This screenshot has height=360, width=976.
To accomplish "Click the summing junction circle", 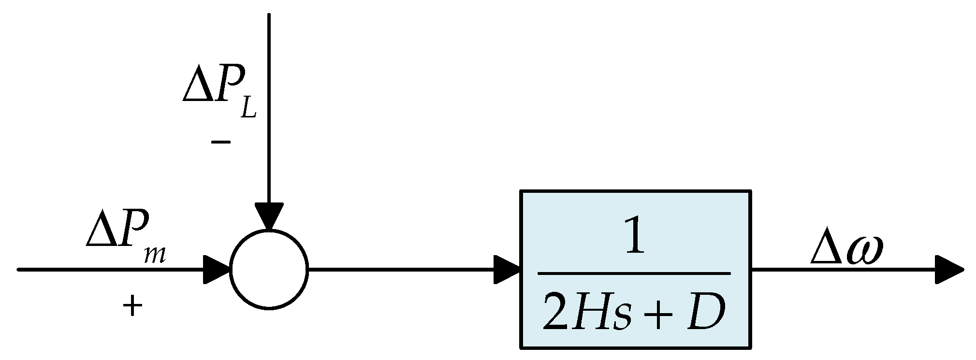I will pos(269,269).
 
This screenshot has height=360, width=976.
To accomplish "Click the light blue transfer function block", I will pos(635,269).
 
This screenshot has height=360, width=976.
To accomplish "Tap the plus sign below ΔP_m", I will pos(132,306).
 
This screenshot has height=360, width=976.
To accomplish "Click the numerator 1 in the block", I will pos(634,237).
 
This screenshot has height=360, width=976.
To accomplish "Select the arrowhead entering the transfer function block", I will pos(507,269).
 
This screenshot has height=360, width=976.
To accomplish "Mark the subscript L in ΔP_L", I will pos(248,109).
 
